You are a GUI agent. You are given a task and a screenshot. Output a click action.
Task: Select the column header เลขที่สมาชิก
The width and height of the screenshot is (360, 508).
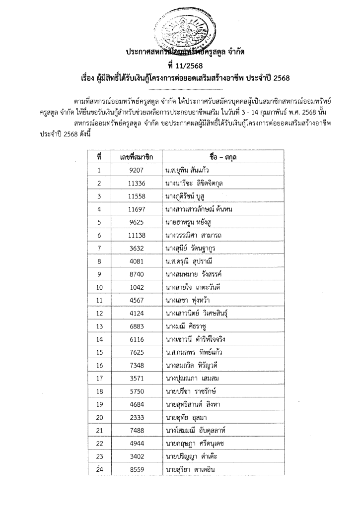coord(136,157)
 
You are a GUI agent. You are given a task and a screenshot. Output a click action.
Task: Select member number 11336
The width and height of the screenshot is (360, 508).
coord(136,183)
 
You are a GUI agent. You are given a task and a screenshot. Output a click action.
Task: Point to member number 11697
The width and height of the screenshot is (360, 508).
coord(136,209)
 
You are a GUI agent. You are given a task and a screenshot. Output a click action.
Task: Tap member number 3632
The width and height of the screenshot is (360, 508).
coord(136,248)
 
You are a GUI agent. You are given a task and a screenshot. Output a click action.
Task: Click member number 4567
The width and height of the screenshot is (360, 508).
coord(136,300)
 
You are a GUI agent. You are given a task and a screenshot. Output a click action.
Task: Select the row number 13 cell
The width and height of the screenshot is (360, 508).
coord(99,325)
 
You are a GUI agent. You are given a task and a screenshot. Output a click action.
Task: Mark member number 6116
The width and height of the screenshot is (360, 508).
coord(136,338)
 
